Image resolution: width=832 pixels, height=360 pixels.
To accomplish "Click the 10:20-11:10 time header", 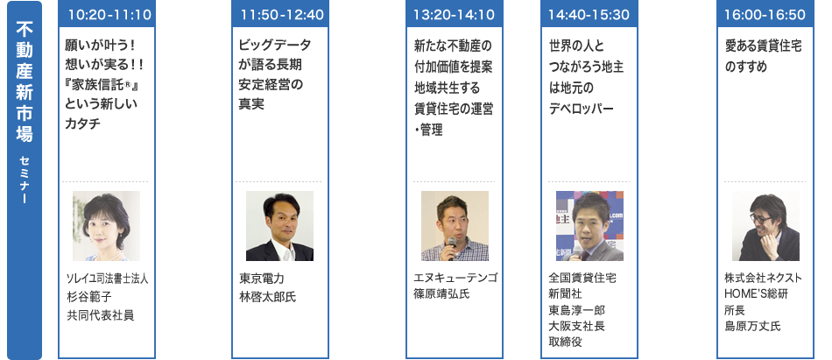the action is tap(107, 14).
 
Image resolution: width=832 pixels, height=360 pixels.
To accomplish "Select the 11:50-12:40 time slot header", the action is tap(280, 14).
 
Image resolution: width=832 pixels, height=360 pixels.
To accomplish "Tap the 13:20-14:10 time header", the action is tap(455, 14).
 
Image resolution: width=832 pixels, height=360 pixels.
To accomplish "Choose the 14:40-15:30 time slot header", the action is tap(589, 14).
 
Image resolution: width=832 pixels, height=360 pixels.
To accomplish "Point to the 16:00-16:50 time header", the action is tap(765, 14).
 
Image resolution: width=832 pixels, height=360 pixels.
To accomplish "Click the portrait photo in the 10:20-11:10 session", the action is tap(106, 226).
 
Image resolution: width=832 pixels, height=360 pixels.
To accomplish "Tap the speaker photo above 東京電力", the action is tap(279, 226).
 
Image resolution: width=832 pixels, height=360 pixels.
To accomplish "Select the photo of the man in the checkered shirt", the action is tap(455, 226).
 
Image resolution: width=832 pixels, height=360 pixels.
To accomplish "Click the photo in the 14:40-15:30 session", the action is tap(589, 226).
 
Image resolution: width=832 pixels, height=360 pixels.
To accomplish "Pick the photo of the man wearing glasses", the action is tap(765, 226).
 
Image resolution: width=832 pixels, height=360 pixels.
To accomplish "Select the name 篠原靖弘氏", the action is tap(441, 293).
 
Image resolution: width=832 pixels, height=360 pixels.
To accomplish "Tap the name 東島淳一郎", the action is tap(577, 309).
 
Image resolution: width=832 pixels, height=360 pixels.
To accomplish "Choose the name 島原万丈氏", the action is tap(753, 326).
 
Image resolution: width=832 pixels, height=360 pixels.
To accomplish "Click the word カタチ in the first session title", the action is tap(83, 124).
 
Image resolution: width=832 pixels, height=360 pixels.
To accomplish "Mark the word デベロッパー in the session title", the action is tap(581, 109).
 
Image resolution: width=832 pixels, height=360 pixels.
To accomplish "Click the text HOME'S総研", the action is tap(756, 293).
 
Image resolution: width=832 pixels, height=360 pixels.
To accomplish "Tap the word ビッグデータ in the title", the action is tap(275, 45).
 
